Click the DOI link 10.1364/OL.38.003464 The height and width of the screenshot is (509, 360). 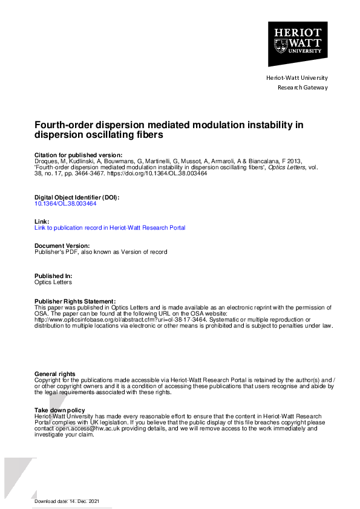[x=65, y=204]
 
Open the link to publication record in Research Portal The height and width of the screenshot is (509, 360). [x=110, y=228]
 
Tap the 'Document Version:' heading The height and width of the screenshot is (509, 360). [x=62, y=246]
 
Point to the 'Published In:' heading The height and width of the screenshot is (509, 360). [x=54, y=276]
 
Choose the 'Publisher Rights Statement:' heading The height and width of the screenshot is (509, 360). [x=74, y=301]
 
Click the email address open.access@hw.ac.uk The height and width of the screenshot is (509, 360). [x=82, y=428]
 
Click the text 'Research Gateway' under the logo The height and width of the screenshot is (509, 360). [x=302, y=88]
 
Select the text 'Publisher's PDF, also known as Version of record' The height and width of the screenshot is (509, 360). [x=101, y=251]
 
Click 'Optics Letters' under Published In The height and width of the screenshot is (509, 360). [x=53, y=282]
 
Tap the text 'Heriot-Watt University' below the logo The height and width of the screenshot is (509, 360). [x=296, y=78]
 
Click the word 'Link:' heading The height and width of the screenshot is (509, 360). [x=42, y=222]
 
